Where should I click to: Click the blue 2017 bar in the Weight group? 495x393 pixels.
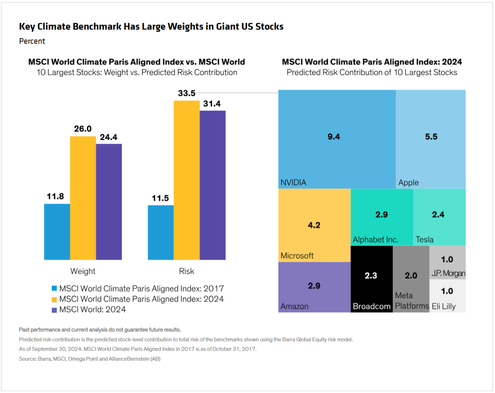(57, 232)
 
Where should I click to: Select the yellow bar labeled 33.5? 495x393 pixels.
(186, 180)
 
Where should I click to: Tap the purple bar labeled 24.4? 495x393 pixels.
(109, 202)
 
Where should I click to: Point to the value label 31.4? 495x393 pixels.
(212, 104)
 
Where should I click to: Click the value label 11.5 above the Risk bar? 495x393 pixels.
(160, 198)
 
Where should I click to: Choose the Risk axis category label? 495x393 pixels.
(186, 271)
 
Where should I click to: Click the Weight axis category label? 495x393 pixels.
(83, 271)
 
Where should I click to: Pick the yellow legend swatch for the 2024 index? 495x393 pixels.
(54, 299)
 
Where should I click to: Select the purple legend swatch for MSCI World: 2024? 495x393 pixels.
(54, 310)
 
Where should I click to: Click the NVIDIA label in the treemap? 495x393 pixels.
(293, 183)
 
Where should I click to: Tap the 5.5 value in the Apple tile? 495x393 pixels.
(431, 137)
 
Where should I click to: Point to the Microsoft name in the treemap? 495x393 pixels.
(297, 256)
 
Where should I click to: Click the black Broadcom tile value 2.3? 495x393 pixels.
(371, 275)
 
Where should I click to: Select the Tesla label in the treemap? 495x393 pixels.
(424, 239)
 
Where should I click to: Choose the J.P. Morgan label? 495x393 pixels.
(448, 273)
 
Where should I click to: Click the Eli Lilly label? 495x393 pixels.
(444, 306)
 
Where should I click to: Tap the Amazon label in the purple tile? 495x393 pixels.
(294, 306)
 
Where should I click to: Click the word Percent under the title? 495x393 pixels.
(32, 41)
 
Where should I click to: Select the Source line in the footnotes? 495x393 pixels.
(90, 359)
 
